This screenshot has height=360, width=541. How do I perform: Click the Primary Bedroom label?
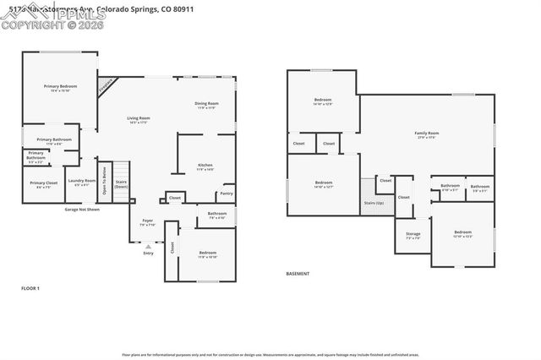pos(61,87)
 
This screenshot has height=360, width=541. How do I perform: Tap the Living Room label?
pos(139,119)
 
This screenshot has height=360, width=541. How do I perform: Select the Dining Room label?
pos(207,105)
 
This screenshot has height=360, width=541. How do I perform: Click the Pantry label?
pos(227,194)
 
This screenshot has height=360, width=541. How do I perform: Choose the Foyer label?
pos(148,221)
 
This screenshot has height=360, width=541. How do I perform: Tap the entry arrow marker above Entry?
pos(149,246)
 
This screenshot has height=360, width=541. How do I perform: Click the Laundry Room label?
pos(82,181)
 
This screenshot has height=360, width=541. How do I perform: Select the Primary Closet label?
pos(43,183)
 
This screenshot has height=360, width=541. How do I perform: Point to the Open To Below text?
pos(105,179)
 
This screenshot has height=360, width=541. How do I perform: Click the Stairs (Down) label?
pos(121,183)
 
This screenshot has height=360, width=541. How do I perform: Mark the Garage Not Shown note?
pos(82,209)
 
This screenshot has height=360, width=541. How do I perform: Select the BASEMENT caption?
pos(298,274)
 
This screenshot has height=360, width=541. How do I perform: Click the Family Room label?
pos(426,134)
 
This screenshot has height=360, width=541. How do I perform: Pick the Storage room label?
pos(413,236)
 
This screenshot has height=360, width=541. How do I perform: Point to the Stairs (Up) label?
pos(373,203)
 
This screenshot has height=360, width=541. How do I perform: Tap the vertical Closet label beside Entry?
pos(172,248)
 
